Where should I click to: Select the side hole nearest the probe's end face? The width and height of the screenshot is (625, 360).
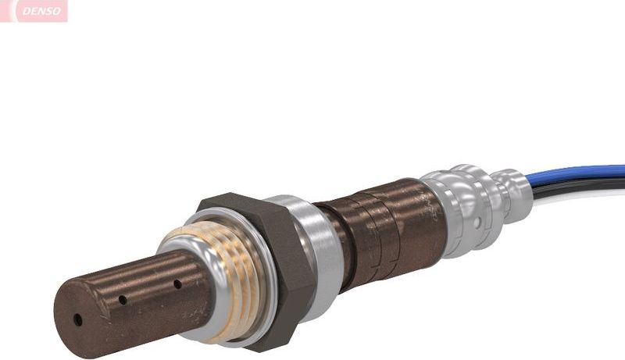pos(123,299)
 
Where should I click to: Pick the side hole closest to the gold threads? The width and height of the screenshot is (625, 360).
pos(177,283)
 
